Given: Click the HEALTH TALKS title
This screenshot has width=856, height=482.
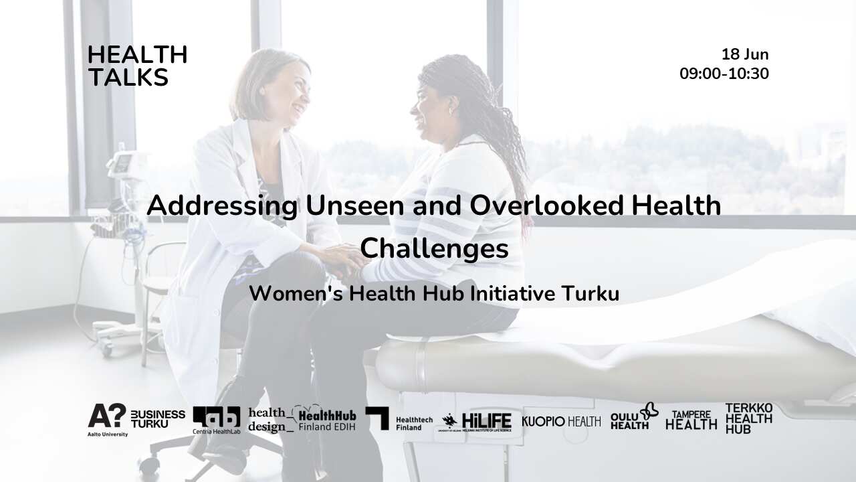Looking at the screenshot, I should pos(137,66).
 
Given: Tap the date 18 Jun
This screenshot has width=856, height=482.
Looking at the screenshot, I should pos(744,55).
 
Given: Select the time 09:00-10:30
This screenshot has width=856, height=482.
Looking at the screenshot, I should pos(724,74).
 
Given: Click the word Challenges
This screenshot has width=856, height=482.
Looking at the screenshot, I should pos(434,248).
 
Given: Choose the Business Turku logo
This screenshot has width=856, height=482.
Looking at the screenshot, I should pos(158,419).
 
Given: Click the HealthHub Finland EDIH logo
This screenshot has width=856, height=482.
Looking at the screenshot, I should pos(326,419).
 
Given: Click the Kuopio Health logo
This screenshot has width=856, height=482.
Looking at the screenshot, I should pos(560,421).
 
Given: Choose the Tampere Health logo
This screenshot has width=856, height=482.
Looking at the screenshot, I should pos(691,420).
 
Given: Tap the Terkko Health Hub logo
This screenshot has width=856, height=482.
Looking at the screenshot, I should pos(748,418).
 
